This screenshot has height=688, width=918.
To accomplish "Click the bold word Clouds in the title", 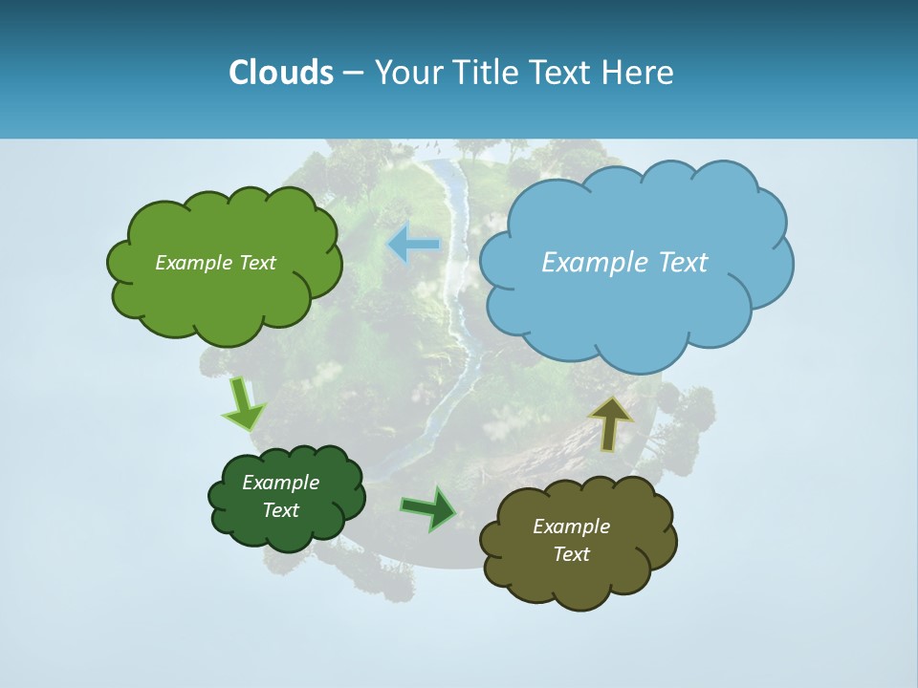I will point(280,72).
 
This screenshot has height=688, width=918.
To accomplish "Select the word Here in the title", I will point(639,72).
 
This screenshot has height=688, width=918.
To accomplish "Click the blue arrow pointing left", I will point(413,245).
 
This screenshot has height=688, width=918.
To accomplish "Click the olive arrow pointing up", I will point(610,421).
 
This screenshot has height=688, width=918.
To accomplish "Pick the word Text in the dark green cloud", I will point(280,510).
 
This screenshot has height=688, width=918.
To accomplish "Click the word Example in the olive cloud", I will point(571,527).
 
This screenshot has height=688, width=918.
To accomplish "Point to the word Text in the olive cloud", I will point(571,554).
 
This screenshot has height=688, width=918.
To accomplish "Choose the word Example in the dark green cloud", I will point(280,483).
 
